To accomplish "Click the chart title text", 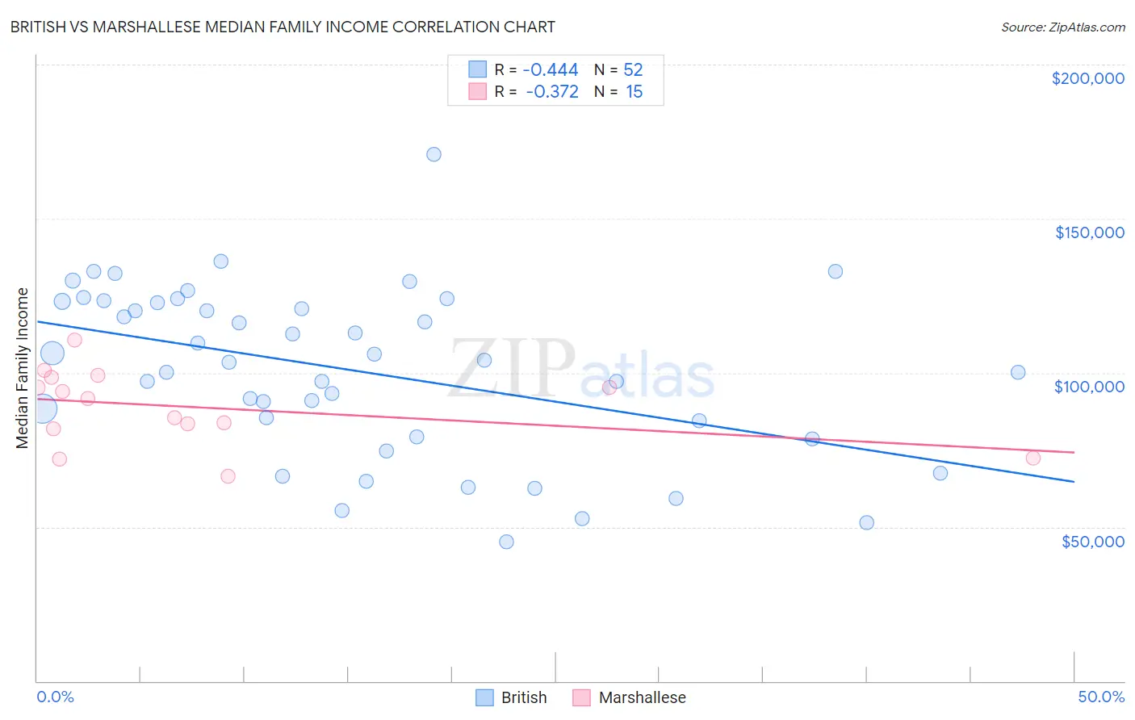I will (x=283, y=27).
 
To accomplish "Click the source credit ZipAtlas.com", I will (x=1062, y=27).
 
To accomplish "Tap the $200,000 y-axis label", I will (x=1087, y=78).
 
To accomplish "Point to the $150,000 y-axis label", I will (x=1089, y=232).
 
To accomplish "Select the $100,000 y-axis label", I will (x=1089, y=387).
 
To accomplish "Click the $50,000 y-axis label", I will (x=1092, y=542).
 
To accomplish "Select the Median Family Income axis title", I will (x=23, y=368).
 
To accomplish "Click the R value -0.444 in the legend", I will (x=551, y=70).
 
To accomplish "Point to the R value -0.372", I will (x=552, y=92).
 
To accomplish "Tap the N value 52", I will (x=633, y=70).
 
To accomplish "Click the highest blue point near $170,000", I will (x=433, y=154).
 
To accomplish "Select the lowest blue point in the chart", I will (x=506, y=542).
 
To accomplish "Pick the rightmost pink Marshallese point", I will (x=1033, y=458).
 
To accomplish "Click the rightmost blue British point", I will (x=1018, y=372).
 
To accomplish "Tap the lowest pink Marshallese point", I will (x=228, y=476).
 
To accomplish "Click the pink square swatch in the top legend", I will (x=478, y=92).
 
